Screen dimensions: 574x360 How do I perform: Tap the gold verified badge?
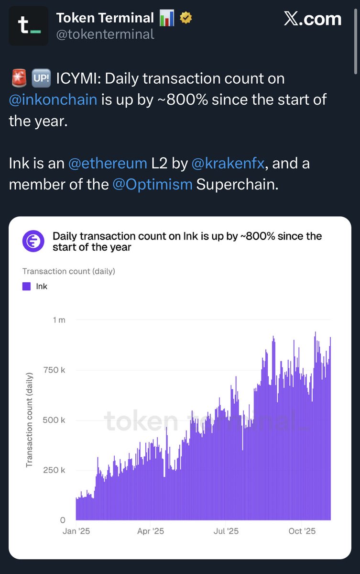[185, 19]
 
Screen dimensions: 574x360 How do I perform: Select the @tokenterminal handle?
[105, 34]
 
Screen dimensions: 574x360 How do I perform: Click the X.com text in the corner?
[313, 19]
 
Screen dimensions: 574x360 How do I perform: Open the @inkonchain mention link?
[53, 100]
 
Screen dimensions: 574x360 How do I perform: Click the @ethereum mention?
[108, 164]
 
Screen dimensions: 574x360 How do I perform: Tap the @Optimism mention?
[153, 185]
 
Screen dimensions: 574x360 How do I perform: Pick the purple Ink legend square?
[27, 287]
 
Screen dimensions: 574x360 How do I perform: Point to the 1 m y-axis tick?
[59, 320]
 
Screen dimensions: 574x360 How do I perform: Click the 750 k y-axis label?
[56, 370]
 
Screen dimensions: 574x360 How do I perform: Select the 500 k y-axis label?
[56, 420]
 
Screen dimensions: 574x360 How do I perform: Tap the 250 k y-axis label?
[56, 470]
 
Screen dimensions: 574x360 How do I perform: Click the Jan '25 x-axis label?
[76, 531]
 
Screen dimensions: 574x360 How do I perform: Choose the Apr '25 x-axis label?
[151, 531]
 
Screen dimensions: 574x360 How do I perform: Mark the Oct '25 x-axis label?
[302, 531]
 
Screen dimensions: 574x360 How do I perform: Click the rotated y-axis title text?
[30, 419]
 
